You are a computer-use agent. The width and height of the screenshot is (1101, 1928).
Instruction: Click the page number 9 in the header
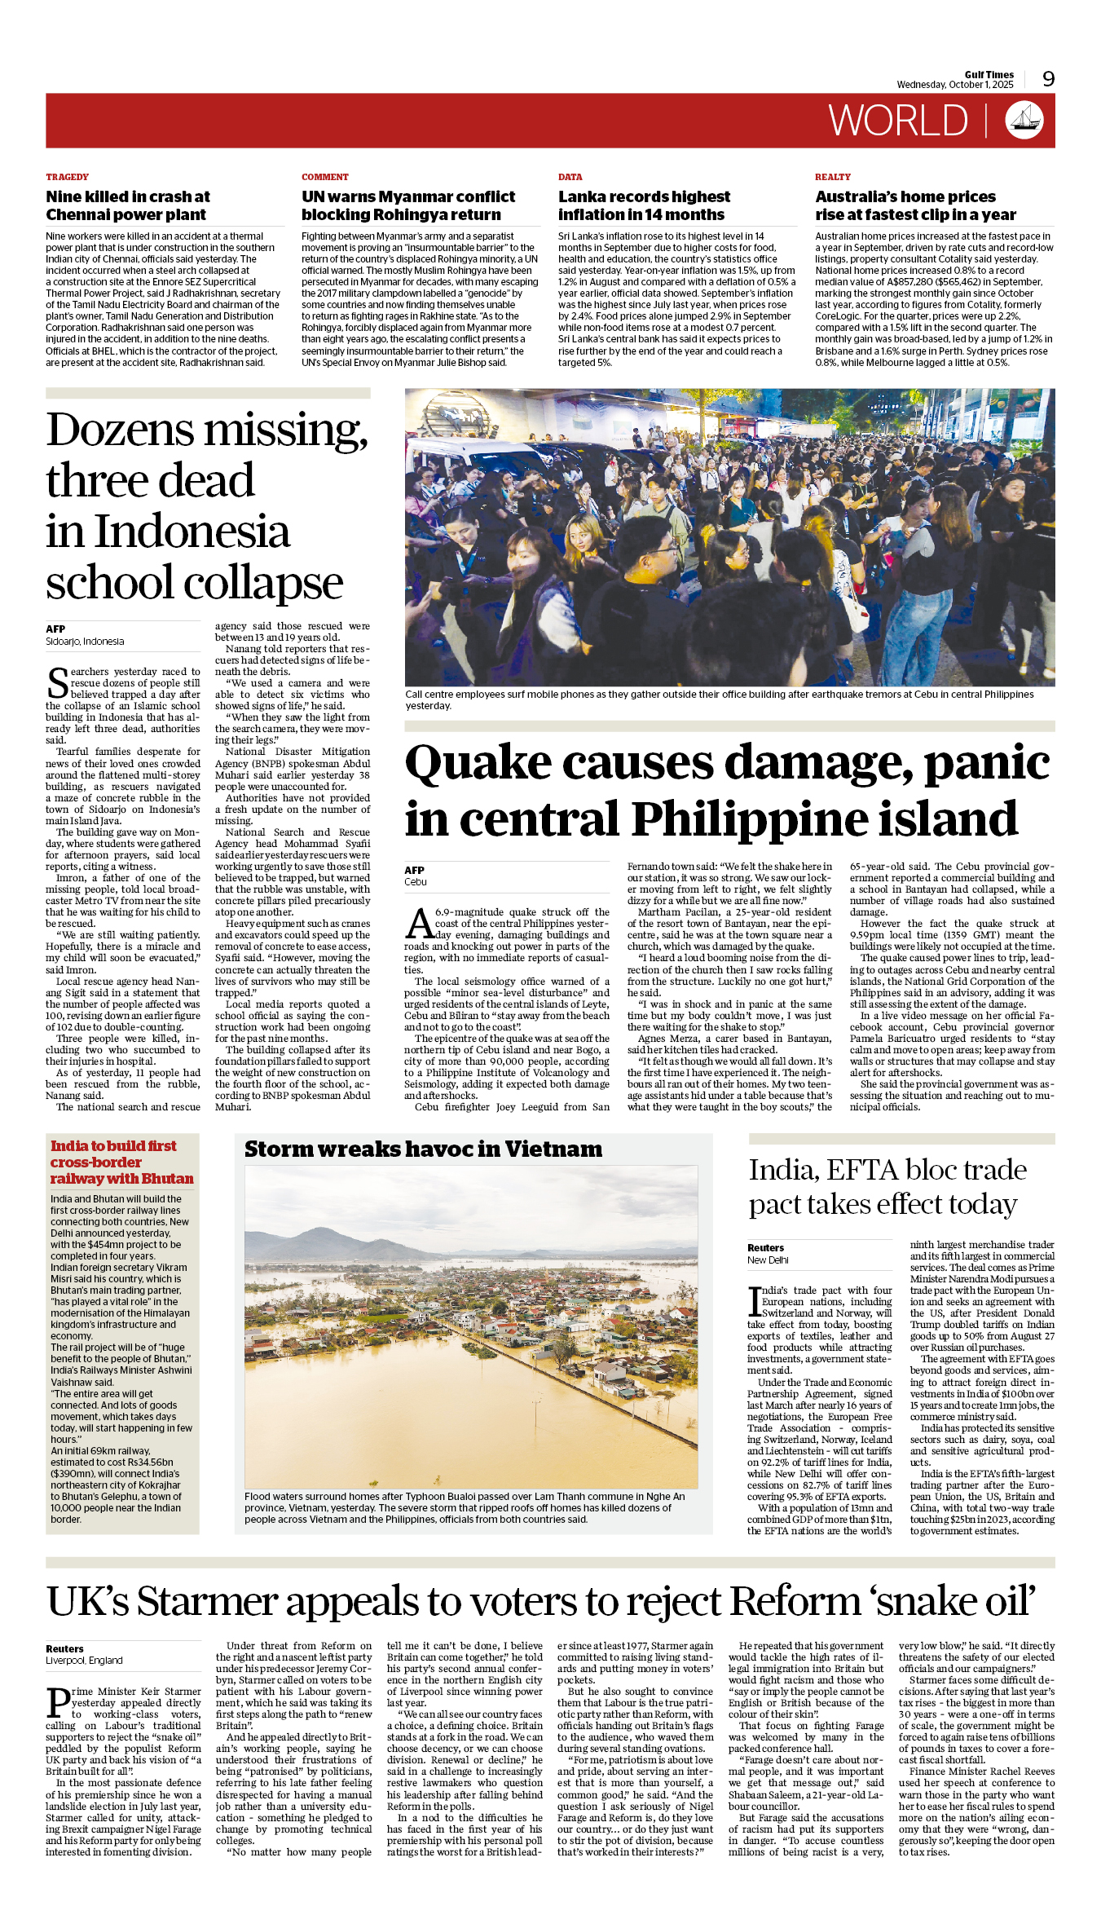(1048, 79)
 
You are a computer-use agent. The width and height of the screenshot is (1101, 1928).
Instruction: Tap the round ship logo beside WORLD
(1024, 120)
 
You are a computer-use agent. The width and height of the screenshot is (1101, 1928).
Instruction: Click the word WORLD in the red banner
(898, 121)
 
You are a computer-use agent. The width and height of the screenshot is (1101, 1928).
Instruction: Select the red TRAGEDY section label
(67, 177)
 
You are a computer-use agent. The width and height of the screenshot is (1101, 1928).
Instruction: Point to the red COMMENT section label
(324, 177)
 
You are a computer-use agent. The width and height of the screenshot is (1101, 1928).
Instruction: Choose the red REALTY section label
(832, 177)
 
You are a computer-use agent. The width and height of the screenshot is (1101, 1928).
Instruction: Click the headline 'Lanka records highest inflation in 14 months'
(643, 205)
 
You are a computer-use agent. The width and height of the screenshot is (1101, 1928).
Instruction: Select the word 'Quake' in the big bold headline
(478, 763)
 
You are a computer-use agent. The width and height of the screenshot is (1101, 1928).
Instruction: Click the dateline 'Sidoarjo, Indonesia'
(85, 642)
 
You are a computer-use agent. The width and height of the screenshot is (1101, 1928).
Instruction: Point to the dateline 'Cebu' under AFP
(415, 882)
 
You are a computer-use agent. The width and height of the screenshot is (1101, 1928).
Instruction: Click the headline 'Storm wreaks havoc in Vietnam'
(423, 1149)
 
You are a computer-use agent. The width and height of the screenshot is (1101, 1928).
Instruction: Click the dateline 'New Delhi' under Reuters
(768, 1260)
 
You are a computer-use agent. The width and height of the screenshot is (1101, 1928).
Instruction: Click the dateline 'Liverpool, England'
(84, 1660)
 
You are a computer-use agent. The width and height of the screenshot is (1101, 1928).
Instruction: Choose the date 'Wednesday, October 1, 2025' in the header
(954, 85)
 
